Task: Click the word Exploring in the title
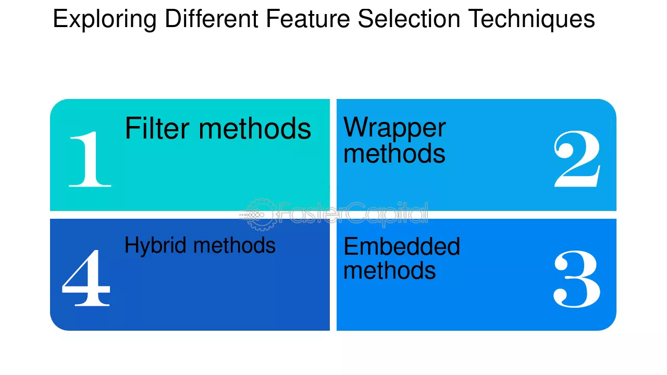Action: click(105, 20)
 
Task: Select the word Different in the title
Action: click(212, 19)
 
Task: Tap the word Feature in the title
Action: click(307, 19)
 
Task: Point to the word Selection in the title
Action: click(409, 19)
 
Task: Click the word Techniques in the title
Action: click(532, 20)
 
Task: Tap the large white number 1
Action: click(90, 159)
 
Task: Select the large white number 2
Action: click(577, 159)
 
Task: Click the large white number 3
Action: click(577, 279)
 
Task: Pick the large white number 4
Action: click(86, 278)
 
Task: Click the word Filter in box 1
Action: click(157, 128)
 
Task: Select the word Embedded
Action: click(402, 246)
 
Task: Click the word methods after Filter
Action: click(255, 128)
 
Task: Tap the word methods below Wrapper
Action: click(394, 153)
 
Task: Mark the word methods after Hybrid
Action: click(234, 245)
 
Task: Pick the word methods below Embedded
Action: click(389, 270)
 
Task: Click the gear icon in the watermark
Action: click(257, 215)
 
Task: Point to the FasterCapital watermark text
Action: click(353, 214)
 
